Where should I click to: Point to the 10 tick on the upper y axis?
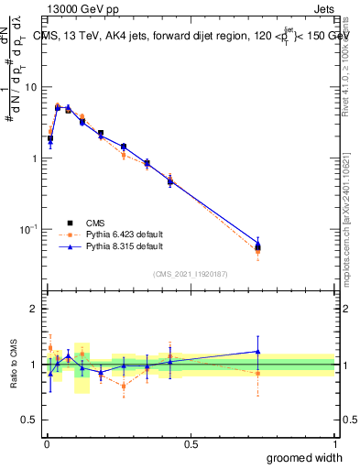32,87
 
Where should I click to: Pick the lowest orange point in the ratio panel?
124,386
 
